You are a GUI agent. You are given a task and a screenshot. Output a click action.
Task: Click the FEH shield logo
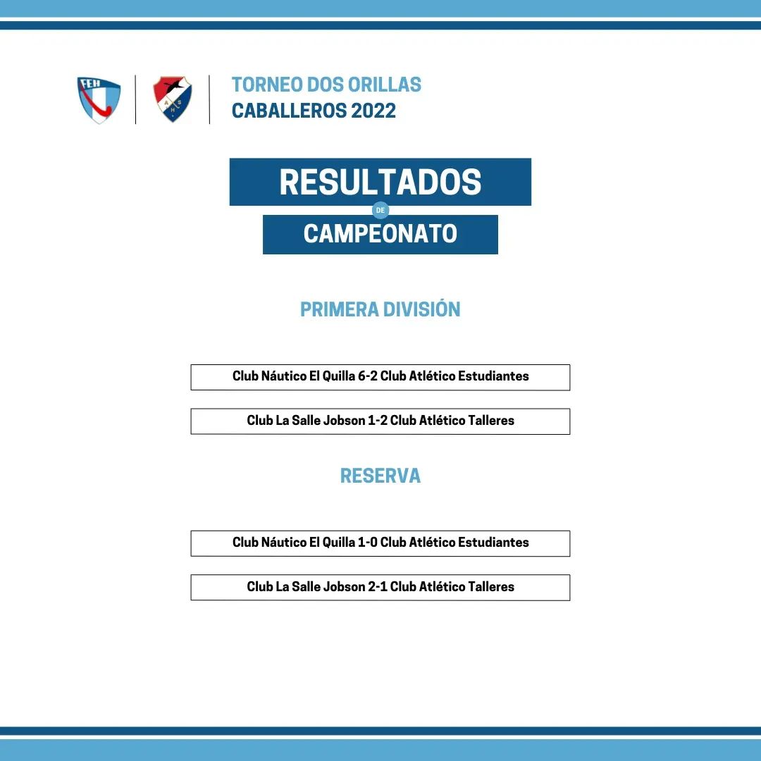pos(99,100)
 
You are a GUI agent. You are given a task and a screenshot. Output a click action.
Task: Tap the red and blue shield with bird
pos(173,99)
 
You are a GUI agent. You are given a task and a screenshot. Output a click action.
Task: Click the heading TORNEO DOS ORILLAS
pos(326,85)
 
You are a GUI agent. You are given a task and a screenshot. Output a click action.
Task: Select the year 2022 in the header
pos(373,111)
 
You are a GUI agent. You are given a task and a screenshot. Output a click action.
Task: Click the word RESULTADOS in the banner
pos(380,182)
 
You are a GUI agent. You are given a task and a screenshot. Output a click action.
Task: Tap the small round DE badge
pos(380,210)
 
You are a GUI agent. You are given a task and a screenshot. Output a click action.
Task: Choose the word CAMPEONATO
pos(380,233)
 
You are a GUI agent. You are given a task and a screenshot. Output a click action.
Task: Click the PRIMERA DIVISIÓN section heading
pos(380,309)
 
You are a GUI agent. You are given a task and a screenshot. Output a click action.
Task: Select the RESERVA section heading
pos(380,476)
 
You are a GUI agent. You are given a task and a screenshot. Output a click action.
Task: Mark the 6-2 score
pos(367,376)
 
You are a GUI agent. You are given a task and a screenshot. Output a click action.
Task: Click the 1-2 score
pos(378,420)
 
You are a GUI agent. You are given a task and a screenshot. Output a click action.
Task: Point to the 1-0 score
pos(367,542)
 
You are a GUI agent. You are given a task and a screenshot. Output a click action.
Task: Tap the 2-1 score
pos(378,587)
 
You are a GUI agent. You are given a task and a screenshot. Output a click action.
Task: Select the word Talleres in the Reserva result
pos(492,587)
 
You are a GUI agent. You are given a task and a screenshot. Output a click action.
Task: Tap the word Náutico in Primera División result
pos(284,376)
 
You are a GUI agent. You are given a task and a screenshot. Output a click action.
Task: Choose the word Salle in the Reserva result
pos(306,587)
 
